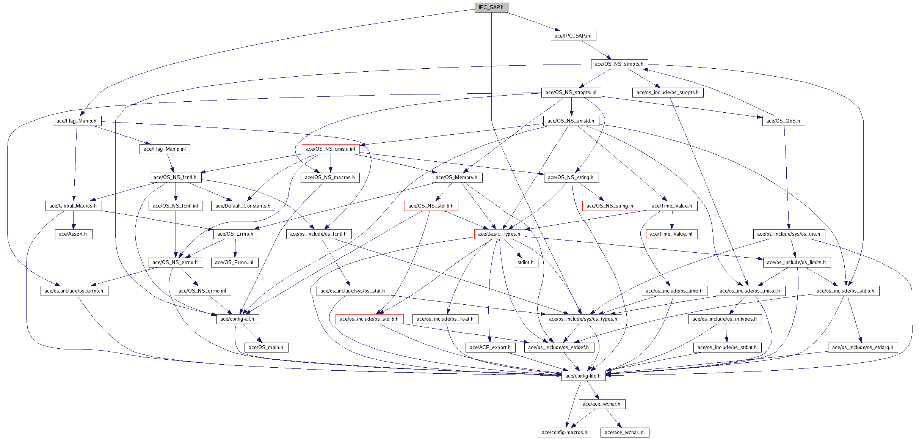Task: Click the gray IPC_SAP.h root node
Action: [491, 8]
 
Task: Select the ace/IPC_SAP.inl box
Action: [573, 36]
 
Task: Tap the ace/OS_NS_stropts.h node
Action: [619, 64]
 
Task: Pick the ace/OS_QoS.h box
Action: [783, 121]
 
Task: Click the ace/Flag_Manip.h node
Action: [77, 121]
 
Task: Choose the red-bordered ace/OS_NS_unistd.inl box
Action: [331, 149]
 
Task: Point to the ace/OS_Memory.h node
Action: [456, 178]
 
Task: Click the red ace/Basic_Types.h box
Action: [499, 234]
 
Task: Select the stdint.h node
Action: [525, 263]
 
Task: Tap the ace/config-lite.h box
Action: [583, 376]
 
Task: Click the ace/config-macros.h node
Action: [565, 433]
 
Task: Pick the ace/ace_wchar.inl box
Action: [624, 433]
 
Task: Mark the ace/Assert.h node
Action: [73, 234]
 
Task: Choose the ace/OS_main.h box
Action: [266, 348]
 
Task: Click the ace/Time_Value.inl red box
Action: [671, 234]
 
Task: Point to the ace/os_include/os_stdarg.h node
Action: [863, 348]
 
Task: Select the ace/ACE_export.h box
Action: [490, 348]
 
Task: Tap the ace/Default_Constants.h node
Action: [243, 206]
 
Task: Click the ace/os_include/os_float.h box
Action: [445, 319]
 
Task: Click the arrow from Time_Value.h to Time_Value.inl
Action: [672, 220]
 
